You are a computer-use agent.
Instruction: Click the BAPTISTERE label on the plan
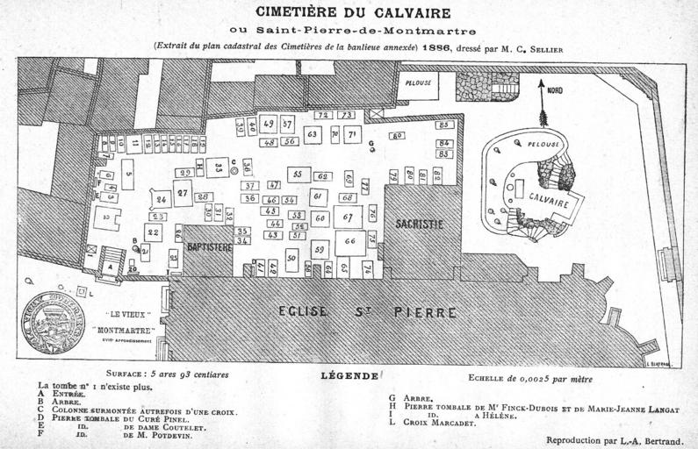click(x=210, y=247)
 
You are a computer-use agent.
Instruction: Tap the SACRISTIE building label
click(x=419, y=224)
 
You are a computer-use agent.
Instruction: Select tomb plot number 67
click(x=348, y=217)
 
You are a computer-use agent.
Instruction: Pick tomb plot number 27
click(x=183, y=193)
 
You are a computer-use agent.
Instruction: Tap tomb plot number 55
click(x=299, y=175)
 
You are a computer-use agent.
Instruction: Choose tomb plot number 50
click(x=291, y=259)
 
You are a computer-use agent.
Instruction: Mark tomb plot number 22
click(x=154, y=232)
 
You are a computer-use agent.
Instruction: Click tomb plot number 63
click(x=312, y=134)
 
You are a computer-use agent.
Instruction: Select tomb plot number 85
click(x=445, y=125)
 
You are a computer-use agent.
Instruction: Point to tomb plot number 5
click(x=127, y=175)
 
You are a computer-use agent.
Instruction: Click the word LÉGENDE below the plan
click(x=349, y=375)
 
